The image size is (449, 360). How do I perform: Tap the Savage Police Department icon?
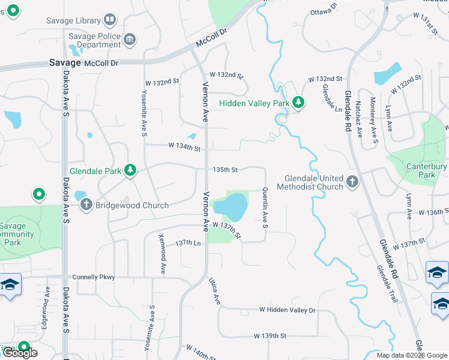tap(130, 40)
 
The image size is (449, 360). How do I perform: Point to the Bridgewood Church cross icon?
tap(86, 205)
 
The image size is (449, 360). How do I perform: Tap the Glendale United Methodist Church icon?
tap(352, 181)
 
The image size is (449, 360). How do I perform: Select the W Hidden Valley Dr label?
tap(287, 310)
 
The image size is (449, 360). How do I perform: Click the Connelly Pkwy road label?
tap(93, 277)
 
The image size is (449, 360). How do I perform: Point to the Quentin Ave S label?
tap(265, 207)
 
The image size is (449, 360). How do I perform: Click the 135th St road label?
tap(226, 170)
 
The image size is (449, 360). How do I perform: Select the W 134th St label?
tap(184, 146)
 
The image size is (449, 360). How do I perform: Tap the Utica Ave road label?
tap(214, 290)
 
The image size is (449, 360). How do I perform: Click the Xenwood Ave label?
tap(162, 254)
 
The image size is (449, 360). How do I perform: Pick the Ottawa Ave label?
tap(325, 12)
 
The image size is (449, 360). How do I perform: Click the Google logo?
tap(20, 353)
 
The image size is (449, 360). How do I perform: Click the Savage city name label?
tap(65, 62)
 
